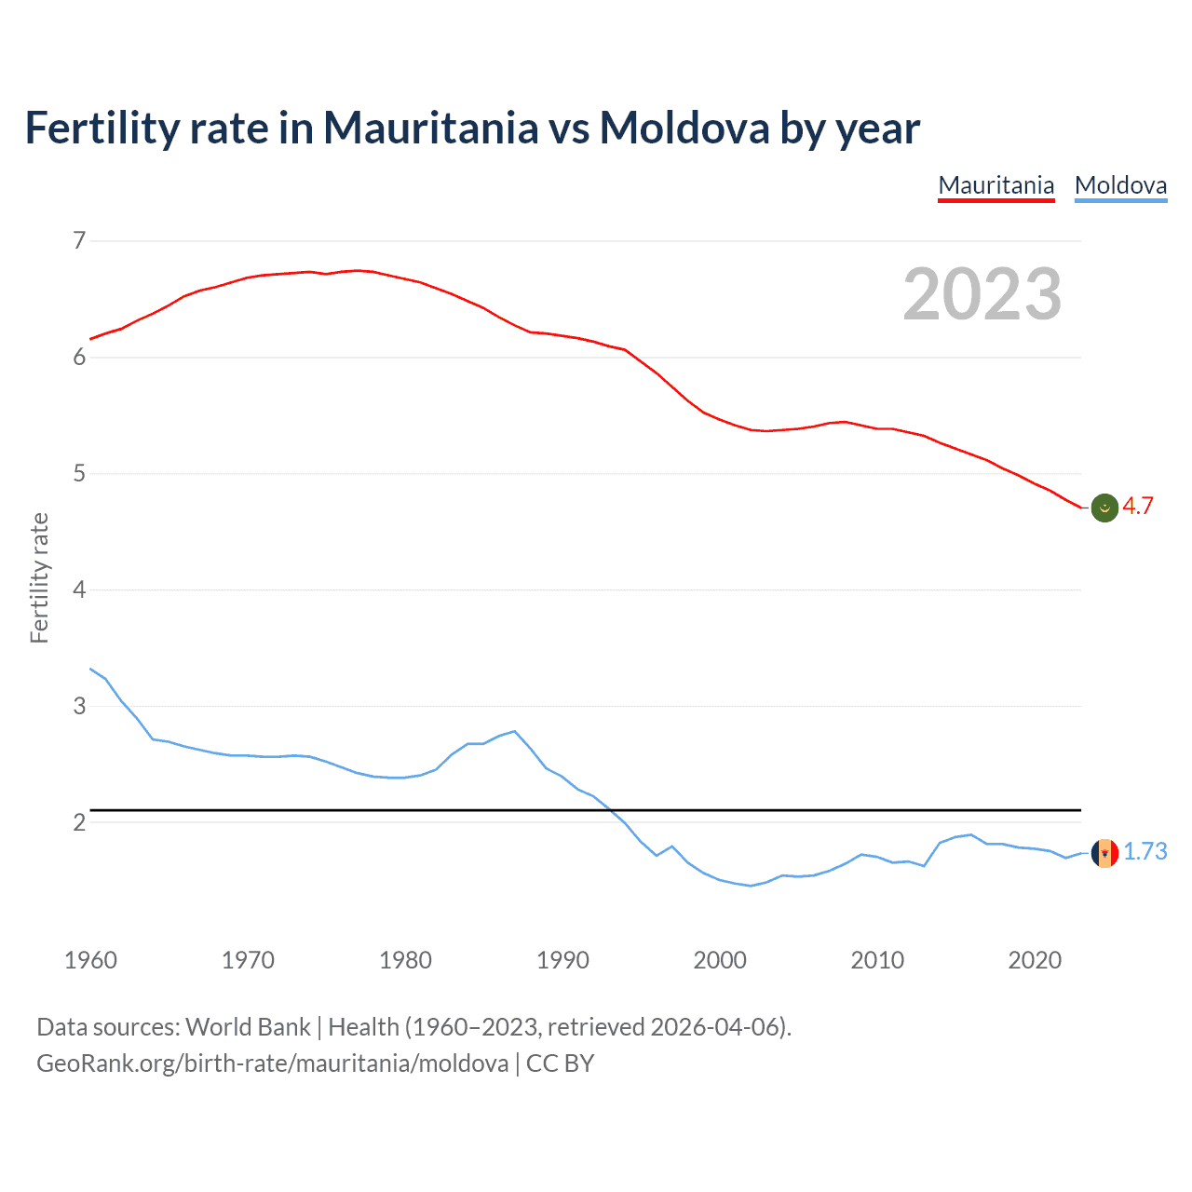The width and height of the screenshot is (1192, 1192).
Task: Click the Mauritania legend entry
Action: click(x=996, y=185)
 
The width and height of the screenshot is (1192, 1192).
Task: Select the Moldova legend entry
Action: click(x=1120, y=185)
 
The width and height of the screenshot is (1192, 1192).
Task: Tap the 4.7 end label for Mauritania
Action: click(x=1137, y=506)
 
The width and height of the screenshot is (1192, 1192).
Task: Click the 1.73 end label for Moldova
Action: click(x=1145, y=851)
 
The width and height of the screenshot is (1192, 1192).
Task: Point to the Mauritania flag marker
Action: click(x=1104, y=508)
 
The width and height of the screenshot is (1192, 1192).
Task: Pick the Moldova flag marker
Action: click(x=1104, y=852)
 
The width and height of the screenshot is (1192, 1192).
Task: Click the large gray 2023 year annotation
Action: click(x=982, y=294)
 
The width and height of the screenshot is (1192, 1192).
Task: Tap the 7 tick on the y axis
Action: click(x=79, y=241)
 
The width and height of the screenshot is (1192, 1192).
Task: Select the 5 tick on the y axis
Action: click(x=79, y=473)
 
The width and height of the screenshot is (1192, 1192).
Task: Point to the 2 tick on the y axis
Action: click(x=79, y=822)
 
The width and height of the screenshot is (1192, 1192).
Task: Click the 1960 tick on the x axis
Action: click(x=90, y=960)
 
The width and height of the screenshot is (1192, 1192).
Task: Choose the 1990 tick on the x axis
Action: click(x=562, y=960)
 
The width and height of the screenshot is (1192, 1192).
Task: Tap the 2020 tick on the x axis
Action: click(x=1035, y=960)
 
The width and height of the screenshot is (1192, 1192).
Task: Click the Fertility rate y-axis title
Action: click(x=39, y=577)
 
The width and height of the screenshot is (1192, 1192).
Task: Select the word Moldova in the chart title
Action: click(x=684, y=128)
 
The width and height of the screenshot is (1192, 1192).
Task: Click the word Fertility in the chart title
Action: click(x=102, y=128)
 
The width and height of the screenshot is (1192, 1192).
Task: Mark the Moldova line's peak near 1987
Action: click(x=514, y=731)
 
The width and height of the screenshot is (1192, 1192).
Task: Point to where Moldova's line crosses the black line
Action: click(x=612, y=810)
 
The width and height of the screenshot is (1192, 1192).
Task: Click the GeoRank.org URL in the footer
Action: click(x=272, y=1063)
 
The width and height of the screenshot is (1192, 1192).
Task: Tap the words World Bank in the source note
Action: click(x=248, y=1027)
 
